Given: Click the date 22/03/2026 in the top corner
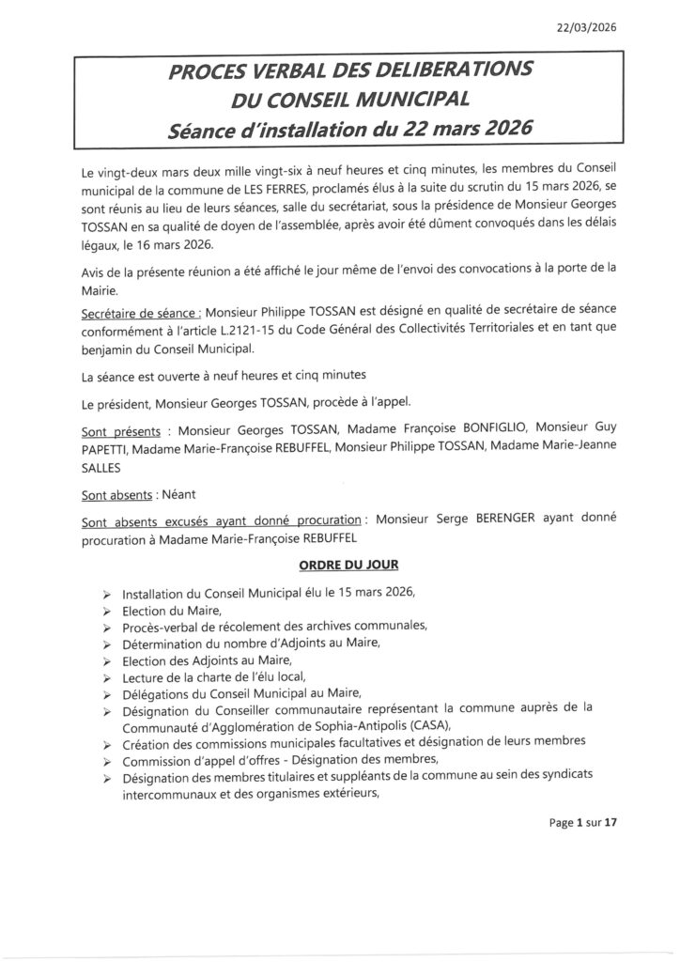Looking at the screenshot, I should (x=587, y=27).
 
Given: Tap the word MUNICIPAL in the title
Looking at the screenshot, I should (x=397, y=99).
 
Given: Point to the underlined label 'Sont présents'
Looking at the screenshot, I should (x=116, y=429).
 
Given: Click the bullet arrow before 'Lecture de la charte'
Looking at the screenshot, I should (x=108, y=677).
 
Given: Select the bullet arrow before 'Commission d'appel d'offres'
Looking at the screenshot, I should (x=108, y=761).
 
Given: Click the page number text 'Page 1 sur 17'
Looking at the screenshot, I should (x=583, y=823).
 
